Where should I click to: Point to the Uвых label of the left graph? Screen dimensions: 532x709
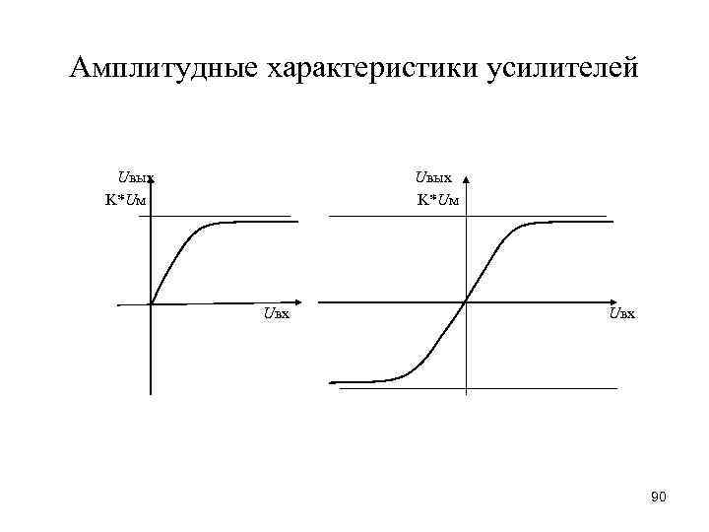pyautogui.click(x=136, y=178)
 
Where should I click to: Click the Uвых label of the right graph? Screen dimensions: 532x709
pyautogui.click(x=433, y=178)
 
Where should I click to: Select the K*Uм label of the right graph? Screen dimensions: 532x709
pyautogui.click(x=437, y=200)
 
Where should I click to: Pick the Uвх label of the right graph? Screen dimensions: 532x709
pyautogui.click(x=621, y=314)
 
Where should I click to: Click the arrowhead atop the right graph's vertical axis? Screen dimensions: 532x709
pyautogui.click(x=466, y=181)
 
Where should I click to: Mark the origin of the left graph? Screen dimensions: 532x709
pyautogui.click(x=151, y=303)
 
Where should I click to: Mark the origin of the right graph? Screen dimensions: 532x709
pyautogui.click(x=466, y=301)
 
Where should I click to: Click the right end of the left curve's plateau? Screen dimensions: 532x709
pyautogui.click(x=296, y=222)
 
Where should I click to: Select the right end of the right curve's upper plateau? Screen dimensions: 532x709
pyautogui.click(x=612, y=222)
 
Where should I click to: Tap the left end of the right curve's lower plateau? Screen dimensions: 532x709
pyautogui.click(x=331, y=381)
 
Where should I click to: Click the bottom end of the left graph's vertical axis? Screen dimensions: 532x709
pyautogui.click(x=151, y=393)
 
